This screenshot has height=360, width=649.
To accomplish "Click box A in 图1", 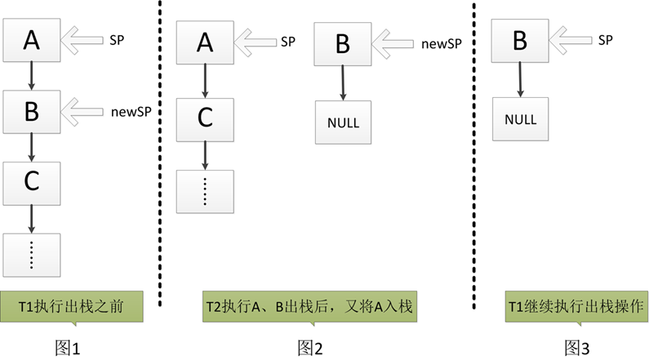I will click(31, 38).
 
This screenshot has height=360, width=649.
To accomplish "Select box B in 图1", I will click(31, 111).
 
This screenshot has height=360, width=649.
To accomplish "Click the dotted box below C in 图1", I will click(31, 254).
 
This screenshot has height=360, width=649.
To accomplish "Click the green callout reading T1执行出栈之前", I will click(73, 306).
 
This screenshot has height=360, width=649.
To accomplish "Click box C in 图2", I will click(204, 118).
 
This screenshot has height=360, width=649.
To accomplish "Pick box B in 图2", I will click(342, 42).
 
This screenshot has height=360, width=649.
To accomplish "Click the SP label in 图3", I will click(605, 39).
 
